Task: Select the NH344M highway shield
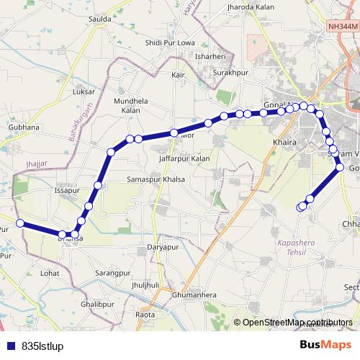(341, 25)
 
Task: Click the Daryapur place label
(162, 247)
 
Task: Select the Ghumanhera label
(194, 295)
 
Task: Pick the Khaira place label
(284, 143)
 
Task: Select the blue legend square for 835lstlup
(10, 346)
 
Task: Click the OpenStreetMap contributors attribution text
(297, 323)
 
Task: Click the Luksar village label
(84, 92)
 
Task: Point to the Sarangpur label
(113, 274)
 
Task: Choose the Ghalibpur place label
(97, 305)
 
